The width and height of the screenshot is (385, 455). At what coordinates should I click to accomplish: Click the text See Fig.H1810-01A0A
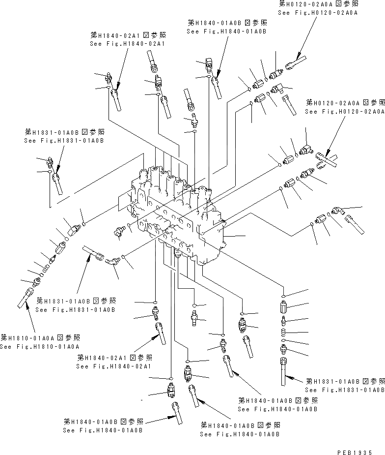click(x=39, y=346)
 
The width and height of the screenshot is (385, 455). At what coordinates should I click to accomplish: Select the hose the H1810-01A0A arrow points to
click(x=25, y=298)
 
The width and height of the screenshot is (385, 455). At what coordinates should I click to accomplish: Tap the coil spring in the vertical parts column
click(x=284, y=333)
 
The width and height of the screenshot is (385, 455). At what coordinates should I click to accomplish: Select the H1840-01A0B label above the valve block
click(x=226, y=27)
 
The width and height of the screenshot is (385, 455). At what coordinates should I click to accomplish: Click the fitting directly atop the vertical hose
click(x=284, y=350)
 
